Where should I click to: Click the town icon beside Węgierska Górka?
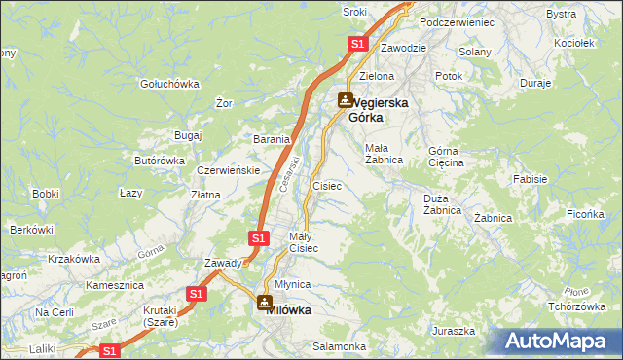[x=346, y=100]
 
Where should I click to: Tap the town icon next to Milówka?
[x=265, y=304]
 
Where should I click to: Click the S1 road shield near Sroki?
[x=356, y=44]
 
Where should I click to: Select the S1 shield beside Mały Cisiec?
[x=258, y=237]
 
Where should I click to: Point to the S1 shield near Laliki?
[x=111, y=350]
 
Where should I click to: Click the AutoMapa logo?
[x=555, y=342]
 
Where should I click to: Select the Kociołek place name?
[x=573, y=44]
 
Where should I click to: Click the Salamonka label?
[x=339, y=346]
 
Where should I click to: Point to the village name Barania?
[x=273, y=139]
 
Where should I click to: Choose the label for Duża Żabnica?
[x=442, y=204]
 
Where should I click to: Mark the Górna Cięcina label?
[x=446, y=157]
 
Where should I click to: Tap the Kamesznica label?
[x=115, y=285]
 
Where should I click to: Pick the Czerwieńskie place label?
[x=227, y=170]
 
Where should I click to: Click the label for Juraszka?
[x=454, y=331]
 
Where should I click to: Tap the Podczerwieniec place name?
[x=457, y=21]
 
